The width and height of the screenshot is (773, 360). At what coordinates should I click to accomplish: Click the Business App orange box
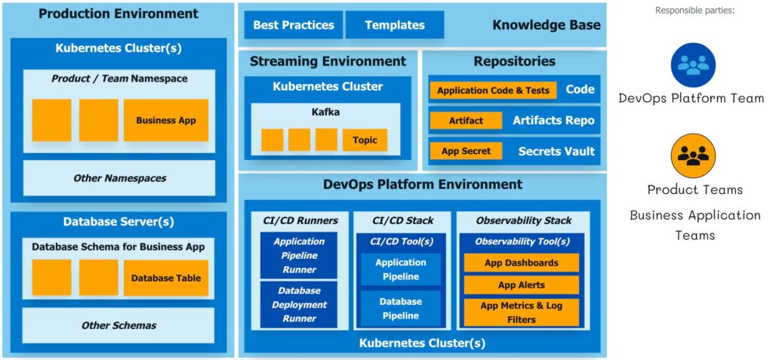point(165,121)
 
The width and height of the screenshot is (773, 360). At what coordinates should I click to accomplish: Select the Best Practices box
point(294,25)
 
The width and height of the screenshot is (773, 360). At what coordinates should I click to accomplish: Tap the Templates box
point(395,25)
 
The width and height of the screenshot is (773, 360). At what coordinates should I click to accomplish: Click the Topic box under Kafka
point(365,140)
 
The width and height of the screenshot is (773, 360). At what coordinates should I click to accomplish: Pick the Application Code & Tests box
point(493,91)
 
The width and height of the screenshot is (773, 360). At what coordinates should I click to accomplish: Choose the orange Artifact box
point(466,121)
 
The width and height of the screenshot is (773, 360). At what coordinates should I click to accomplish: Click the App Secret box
point(466,151)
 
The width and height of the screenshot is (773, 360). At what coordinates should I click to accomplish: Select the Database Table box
point(165,278)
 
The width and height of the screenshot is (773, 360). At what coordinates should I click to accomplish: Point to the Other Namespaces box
point(119,178)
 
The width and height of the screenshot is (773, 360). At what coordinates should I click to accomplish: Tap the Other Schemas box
point(119,325)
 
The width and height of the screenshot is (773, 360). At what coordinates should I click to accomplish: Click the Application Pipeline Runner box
point(299,255)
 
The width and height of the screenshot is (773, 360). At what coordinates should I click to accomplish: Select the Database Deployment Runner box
point(299,305)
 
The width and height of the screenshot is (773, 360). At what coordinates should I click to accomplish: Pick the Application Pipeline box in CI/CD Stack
point(401,269)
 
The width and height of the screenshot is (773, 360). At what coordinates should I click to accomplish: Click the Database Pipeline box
point(401,309)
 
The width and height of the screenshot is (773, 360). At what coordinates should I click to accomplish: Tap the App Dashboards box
point(522,263)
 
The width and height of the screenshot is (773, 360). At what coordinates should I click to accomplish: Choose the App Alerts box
point(522,285)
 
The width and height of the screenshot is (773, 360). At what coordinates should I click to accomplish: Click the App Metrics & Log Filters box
point(522,312)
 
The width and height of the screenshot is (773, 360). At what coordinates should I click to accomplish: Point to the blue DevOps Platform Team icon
point(692,65)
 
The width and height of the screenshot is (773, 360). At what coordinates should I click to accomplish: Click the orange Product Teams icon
point(692,155)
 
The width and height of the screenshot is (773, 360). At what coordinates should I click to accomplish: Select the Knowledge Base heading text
point(547,25)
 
